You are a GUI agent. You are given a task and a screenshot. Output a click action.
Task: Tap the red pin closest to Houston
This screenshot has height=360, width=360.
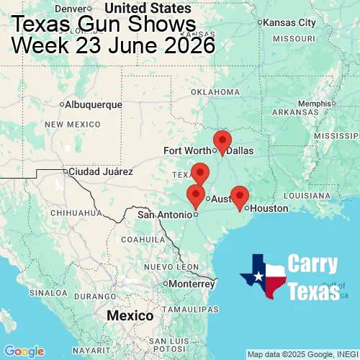pos(239,196)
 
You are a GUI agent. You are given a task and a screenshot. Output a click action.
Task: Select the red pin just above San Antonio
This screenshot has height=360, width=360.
pos(195,194)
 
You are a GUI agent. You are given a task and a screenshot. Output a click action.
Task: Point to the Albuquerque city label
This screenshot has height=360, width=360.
pos(93,104)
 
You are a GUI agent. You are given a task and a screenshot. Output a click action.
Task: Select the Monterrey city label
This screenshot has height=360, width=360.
pos(192,284)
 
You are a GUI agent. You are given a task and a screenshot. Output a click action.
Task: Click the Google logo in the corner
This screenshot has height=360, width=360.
pos(24,351)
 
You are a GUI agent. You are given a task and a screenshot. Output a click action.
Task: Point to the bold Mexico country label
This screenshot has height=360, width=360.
pos(130,316)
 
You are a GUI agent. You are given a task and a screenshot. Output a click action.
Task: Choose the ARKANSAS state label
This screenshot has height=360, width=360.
pos(295,112)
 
